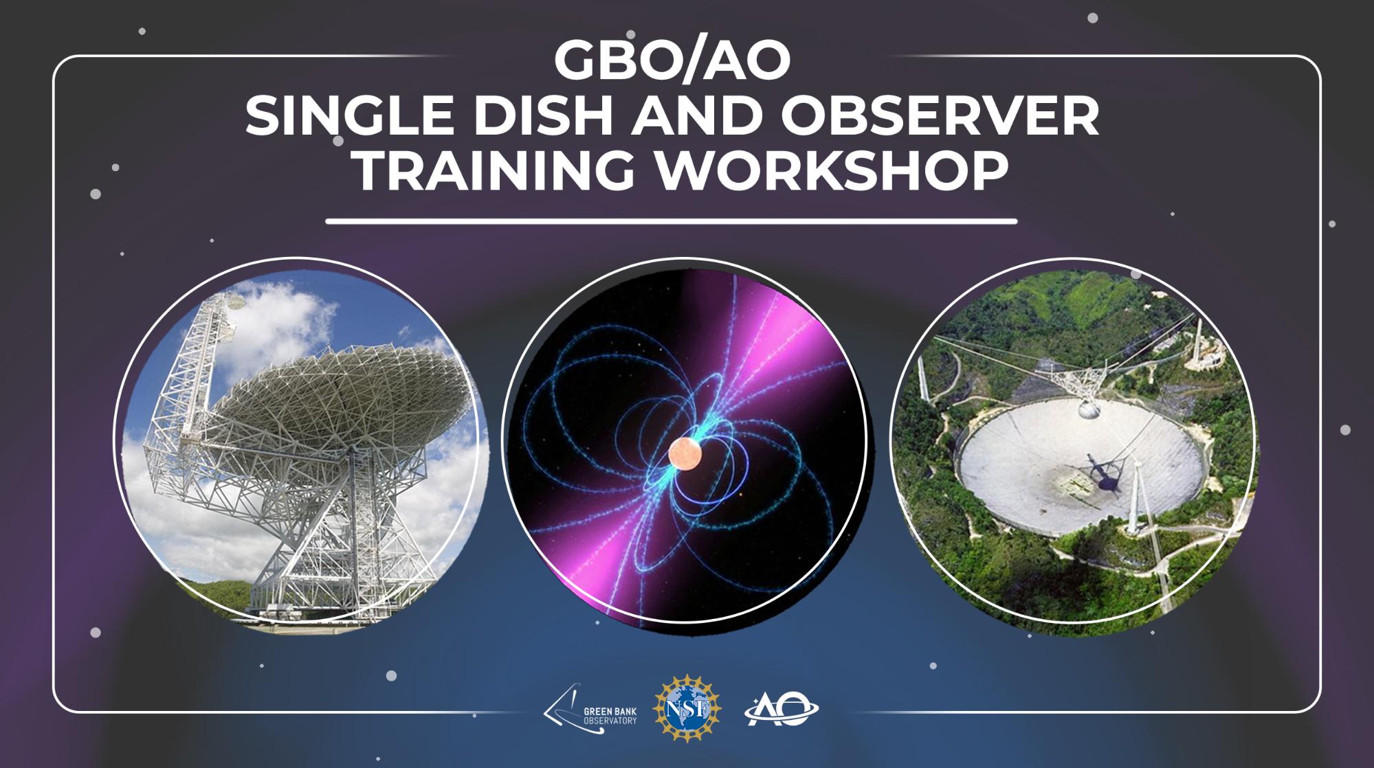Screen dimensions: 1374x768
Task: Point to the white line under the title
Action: pos(671,222)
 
